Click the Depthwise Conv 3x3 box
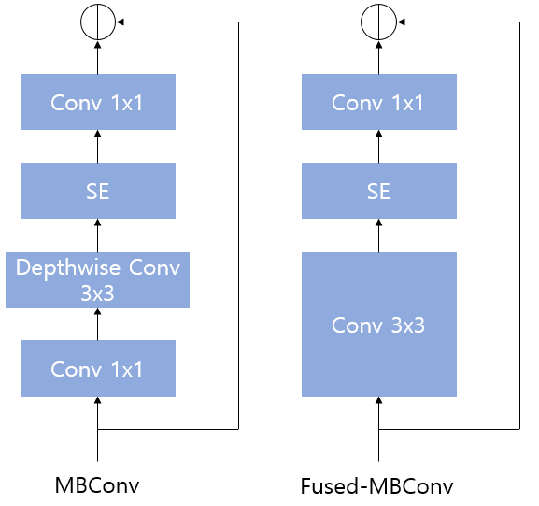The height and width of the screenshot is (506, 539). (98, 280)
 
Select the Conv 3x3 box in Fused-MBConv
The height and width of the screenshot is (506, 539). (379, 324)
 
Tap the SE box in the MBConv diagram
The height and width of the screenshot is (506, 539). (98, 191)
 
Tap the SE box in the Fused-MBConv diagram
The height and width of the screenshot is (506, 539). (379, 191)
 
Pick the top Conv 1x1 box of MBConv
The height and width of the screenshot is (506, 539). (98, 102)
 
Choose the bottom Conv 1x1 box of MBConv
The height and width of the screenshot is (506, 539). (98, 369)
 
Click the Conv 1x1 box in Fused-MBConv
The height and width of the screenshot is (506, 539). (379, 102)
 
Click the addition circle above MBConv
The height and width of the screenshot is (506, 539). (98, 22)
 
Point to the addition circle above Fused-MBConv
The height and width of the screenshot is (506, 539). (379, 22)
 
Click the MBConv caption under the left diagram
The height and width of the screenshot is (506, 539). (97, 485)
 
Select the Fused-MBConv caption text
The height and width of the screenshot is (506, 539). (376, 485)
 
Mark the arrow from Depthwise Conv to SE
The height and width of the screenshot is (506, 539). (98, 235)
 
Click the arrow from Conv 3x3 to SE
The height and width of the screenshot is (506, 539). (379, 235)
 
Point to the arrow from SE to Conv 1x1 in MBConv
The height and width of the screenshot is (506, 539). (98, 146)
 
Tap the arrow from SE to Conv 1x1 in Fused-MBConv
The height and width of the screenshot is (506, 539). (379, 146)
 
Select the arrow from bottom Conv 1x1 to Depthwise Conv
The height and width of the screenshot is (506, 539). (98, 324)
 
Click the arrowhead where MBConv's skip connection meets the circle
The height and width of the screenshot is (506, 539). (120, 22)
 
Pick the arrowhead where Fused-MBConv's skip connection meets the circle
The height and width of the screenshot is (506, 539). (401, 22)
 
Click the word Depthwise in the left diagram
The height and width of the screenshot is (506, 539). (68, 267)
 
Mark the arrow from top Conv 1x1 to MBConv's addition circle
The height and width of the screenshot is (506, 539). (98, 57)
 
